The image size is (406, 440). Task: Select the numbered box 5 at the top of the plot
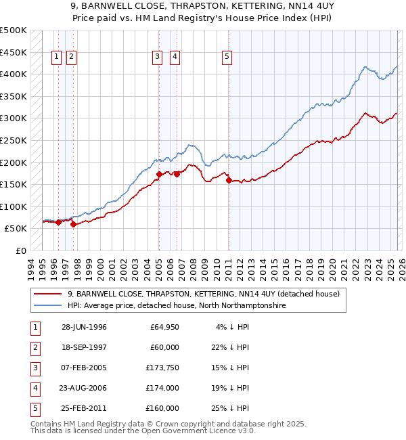[x=227, y=58]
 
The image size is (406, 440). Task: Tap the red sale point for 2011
[x=229, y=180]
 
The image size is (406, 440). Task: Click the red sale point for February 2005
[x=159, y=174]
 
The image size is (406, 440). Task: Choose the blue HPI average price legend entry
[x=176, y=306]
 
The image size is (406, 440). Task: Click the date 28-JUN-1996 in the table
[x=84, y=327]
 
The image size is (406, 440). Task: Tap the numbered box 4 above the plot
[x=175, y=58]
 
